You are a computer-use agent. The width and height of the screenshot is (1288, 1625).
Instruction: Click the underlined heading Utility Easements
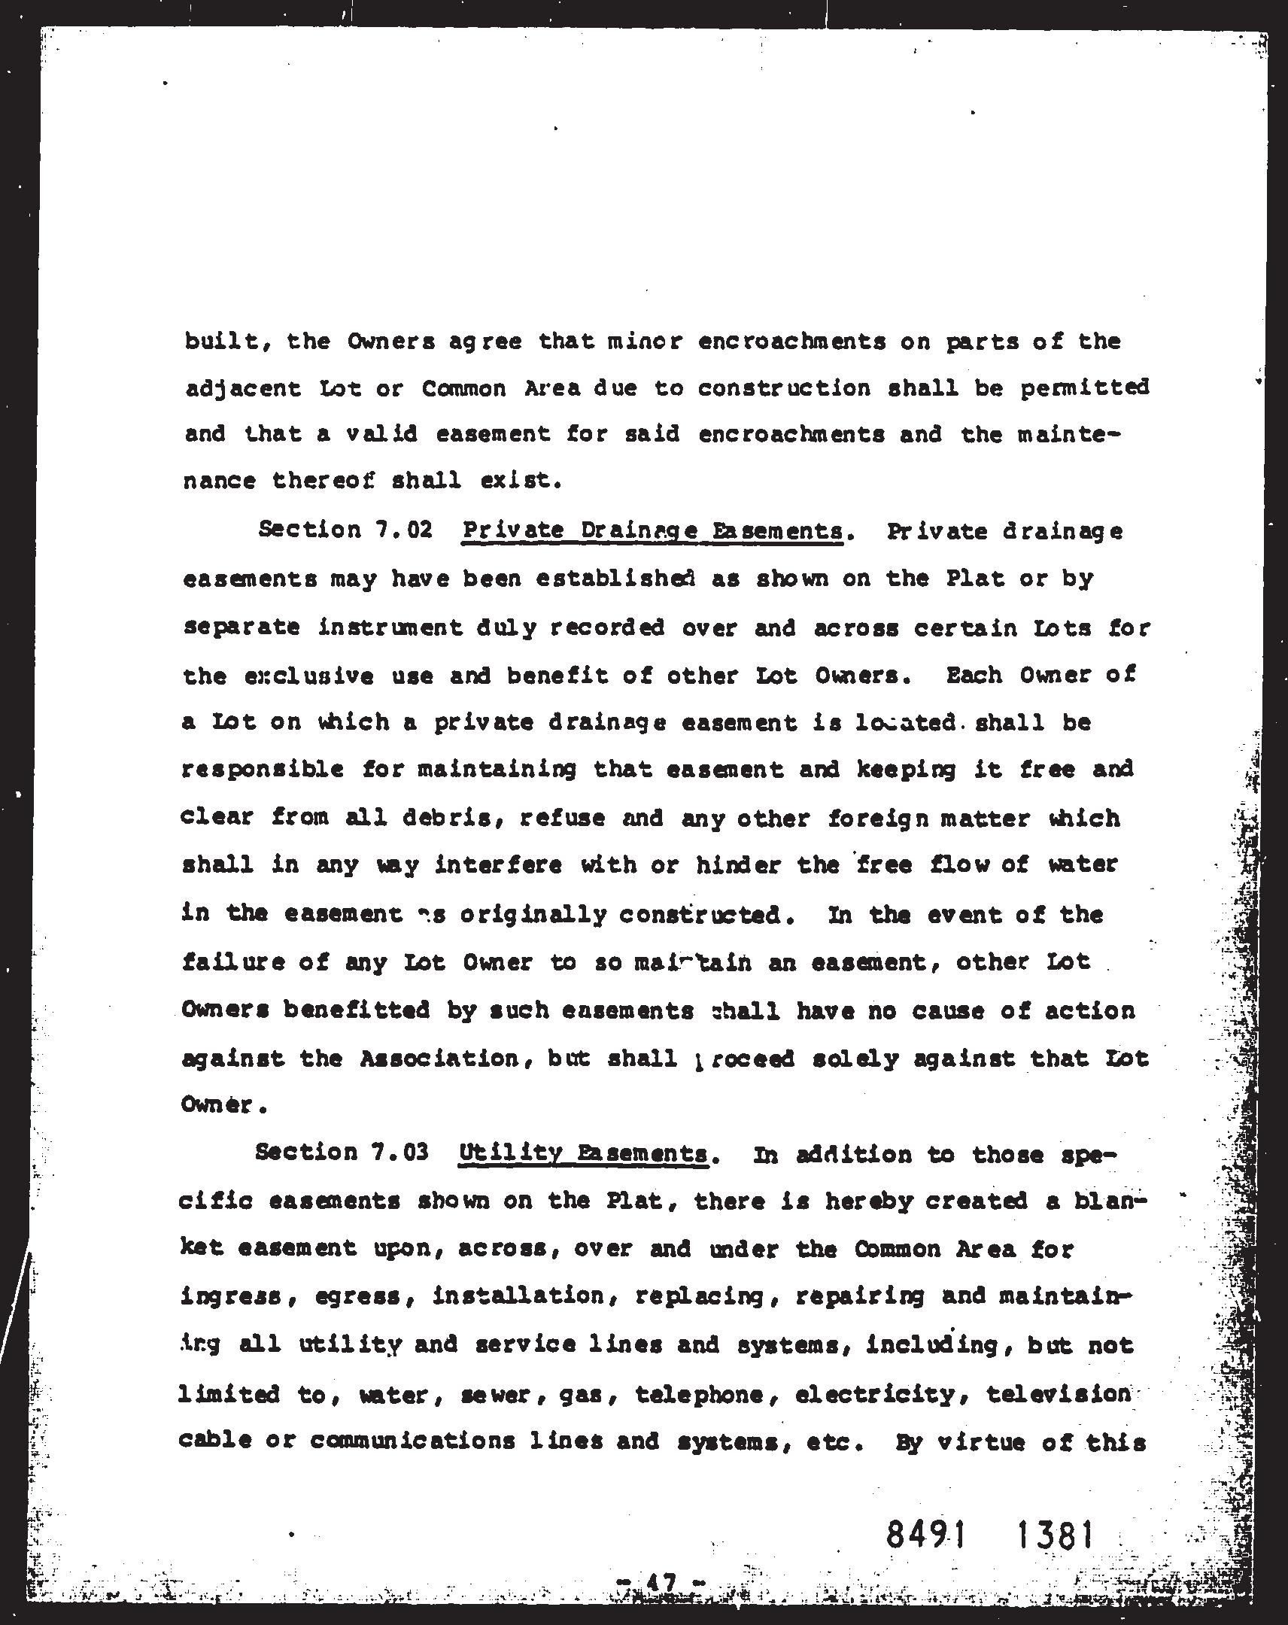582,1154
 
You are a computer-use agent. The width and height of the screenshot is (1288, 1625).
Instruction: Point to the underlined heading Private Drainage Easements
653,530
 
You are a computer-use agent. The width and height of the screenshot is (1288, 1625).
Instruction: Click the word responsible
263,770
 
